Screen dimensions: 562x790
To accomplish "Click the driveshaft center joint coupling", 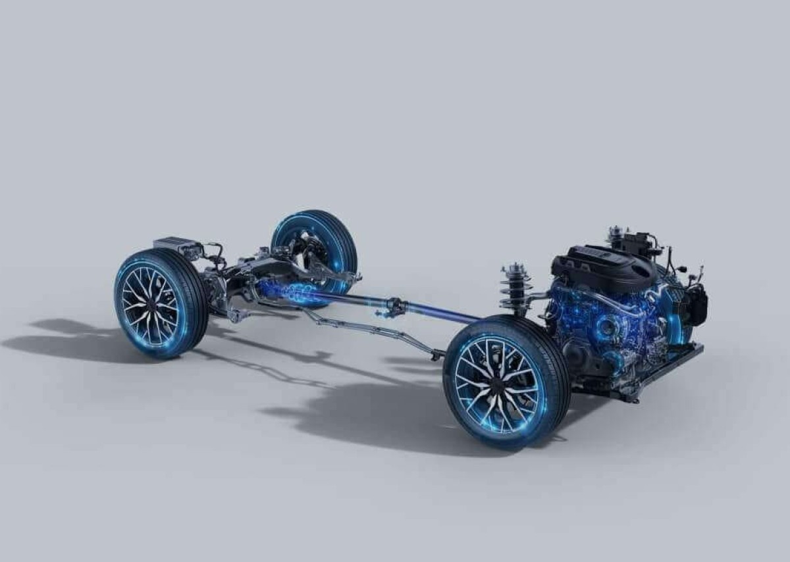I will coord(396,305).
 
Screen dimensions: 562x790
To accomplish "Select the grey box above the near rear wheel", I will coord(176,246).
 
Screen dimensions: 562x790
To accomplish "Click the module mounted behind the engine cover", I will coord(635,242).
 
